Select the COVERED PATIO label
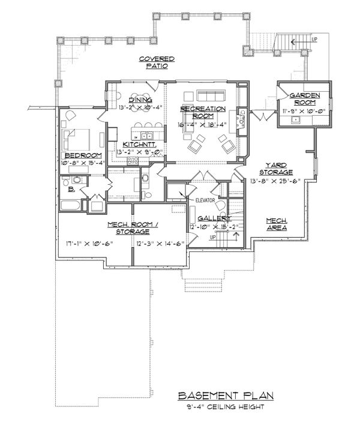point(157,63)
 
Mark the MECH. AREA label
point(277,224)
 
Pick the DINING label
point(140,100)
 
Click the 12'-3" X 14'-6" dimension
point(155,244)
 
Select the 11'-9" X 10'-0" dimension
point(304,111)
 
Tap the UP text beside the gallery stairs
point(212,237)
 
